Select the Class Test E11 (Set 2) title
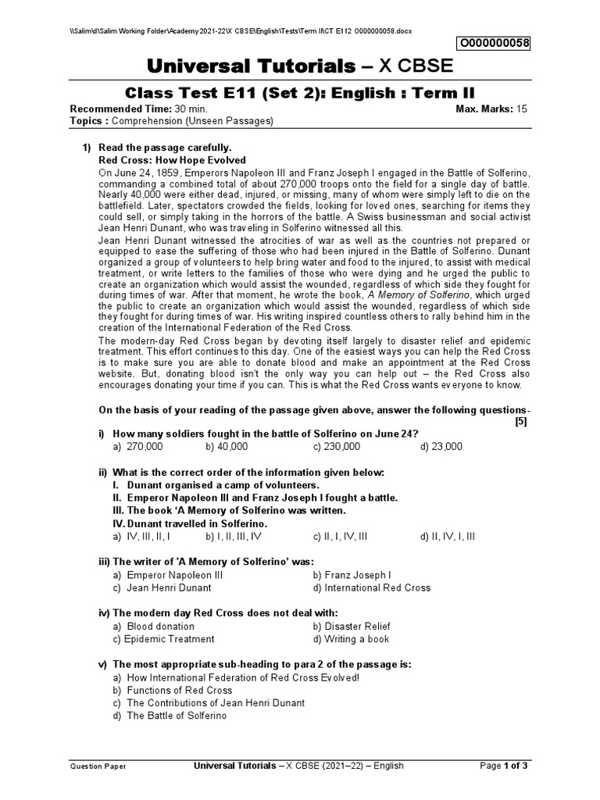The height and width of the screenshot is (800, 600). (x=300, y=93)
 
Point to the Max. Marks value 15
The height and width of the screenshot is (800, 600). (x=520, y=109)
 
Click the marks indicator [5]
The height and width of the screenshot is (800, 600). (x=521, y=422)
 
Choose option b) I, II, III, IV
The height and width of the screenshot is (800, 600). (x=234, y=537)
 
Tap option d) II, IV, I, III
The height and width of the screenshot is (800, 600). (x=447, y=537)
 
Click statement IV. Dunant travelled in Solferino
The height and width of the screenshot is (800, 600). (x=190, y=523)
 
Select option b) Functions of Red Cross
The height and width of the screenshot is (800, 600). (x=173, y=691)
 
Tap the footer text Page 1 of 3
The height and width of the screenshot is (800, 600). (x=504, y=766)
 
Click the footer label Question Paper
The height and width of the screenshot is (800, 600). (x=98, y=767)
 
